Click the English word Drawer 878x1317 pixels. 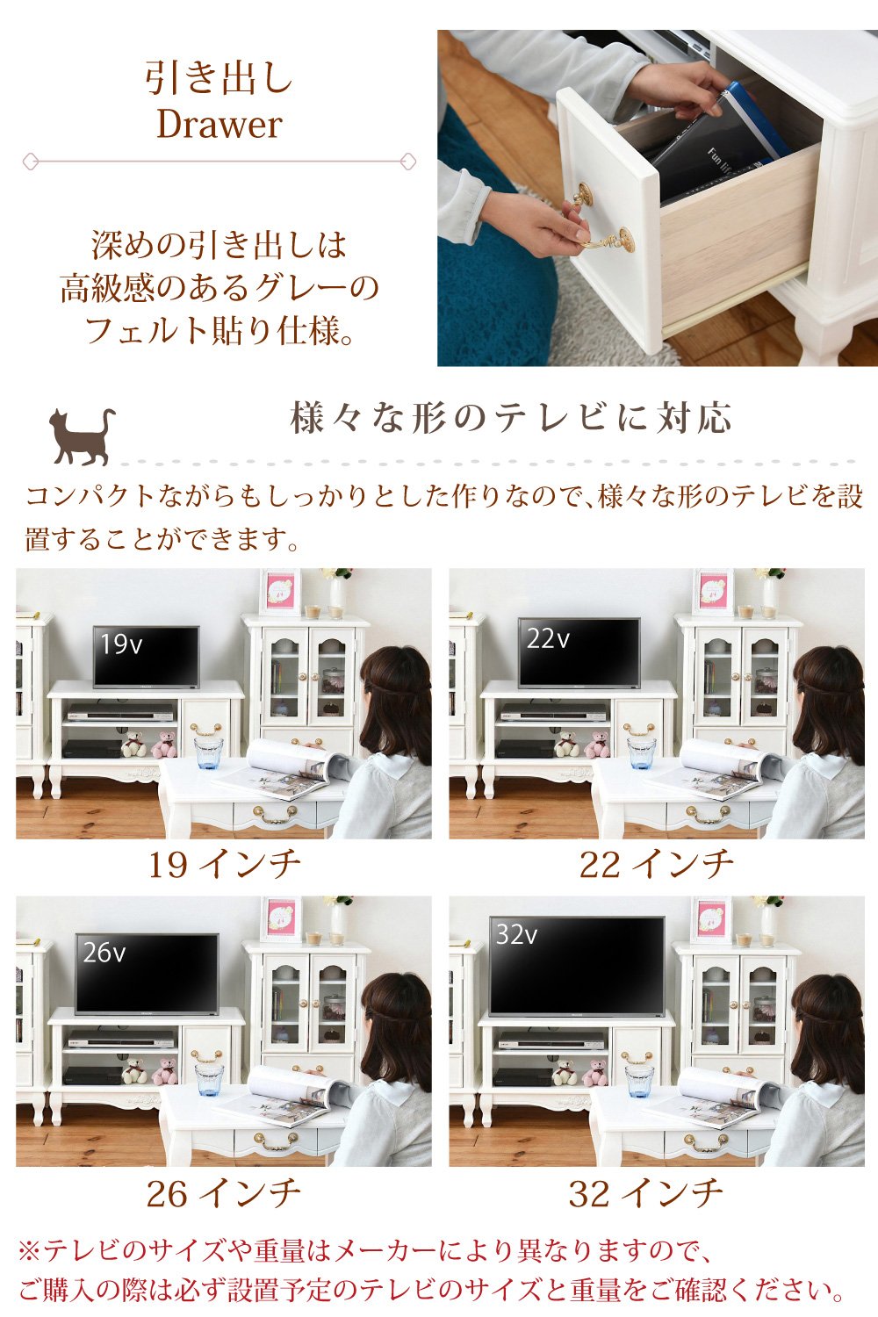(219, 124)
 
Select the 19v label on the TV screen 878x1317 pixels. (120, 644)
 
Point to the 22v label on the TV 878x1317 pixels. (548, 639)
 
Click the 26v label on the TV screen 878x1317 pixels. (104, 953)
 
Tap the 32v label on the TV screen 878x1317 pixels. (516, 934)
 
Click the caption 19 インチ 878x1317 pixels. (224, 865)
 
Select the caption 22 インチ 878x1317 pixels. (656, 865)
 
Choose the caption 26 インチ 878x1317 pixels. (224, 1193)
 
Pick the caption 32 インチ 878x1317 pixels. (645, 1193)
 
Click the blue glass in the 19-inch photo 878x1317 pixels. (209, 752)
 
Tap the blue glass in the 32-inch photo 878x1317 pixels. (639, 1080)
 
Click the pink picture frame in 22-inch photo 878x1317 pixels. (713, 592)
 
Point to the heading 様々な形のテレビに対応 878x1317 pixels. (510, 418)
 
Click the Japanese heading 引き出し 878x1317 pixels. (219, 78)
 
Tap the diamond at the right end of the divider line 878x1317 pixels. (407, 162)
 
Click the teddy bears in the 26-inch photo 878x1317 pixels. (149, 1071)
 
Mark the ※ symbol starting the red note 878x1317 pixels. (30, 1250)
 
